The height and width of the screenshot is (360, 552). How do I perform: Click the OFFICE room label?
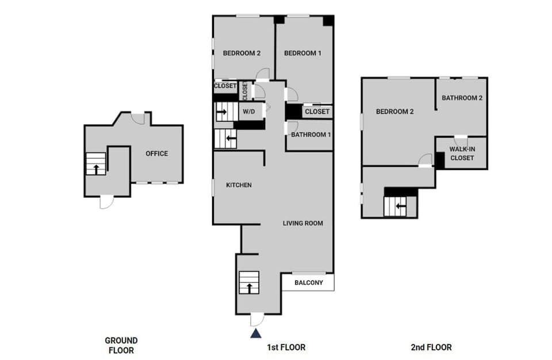[x=156, y=154]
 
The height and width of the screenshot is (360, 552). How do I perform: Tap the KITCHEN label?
[x=239, y=185]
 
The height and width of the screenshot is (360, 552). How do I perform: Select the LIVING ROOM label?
[x=302, y=223]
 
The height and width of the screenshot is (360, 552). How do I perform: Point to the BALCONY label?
[x=308, y=282]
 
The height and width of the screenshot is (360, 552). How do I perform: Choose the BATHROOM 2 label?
[x=462, y=98]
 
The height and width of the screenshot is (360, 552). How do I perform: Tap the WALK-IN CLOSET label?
[x=462, y=153]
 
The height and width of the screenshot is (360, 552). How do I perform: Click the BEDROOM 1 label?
[x=302, y=53]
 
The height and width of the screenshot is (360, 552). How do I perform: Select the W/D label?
[x=248, y=111]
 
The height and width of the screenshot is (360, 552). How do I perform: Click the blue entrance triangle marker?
[x=256, y=333]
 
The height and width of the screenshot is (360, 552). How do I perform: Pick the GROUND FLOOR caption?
[x=121, y=345]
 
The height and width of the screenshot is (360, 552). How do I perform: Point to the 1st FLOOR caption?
[x=286, y=347]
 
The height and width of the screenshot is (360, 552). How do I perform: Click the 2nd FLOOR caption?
[x=431, y=347]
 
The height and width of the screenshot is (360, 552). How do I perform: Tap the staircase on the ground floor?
[x=95, y=163]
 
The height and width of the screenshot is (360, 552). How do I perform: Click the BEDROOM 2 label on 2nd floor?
[x=395, y=112]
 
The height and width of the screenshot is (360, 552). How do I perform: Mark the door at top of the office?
[x=137, y=118]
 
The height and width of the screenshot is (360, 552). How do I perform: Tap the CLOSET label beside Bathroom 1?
[x=317, y=112]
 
